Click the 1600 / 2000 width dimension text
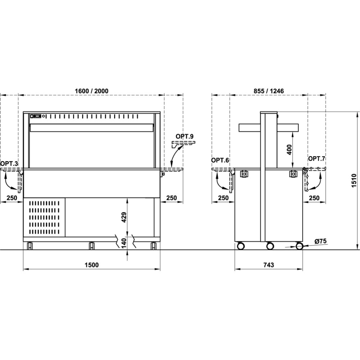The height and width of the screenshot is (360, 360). click(x=91, y=91)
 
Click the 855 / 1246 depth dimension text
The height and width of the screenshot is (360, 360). click(x=269, y=91)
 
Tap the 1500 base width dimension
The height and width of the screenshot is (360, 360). click(x=91, y=265)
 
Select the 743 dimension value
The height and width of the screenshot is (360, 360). click(x=269, y=265)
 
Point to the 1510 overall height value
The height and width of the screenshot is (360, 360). click(x=354, y=181)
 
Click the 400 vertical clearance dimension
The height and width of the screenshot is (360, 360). click(x=289, y=150)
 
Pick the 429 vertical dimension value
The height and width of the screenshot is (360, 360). click(x=124, y=217)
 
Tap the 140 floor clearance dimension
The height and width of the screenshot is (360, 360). click(x=124, y=244)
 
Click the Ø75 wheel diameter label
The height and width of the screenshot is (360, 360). click(x=320, y=241)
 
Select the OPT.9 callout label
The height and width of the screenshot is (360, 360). click(x=185, y=136)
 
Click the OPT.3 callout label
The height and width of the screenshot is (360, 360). click(x=9, y=164)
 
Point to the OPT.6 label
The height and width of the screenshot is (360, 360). click(x=220, y=160)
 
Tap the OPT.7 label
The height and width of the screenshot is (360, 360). click(x=317, y=158)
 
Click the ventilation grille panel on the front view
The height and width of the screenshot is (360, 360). click(x=44, y=217)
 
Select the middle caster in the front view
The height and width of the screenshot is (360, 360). click(x=91, y=246)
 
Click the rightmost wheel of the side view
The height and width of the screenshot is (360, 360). click(x=299, y=246)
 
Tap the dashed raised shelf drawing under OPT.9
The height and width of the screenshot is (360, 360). click(x=184, y=144)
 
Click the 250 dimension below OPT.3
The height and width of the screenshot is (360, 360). click(x=12, y=198)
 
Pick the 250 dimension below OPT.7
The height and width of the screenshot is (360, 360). click(x=314, y=198)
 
